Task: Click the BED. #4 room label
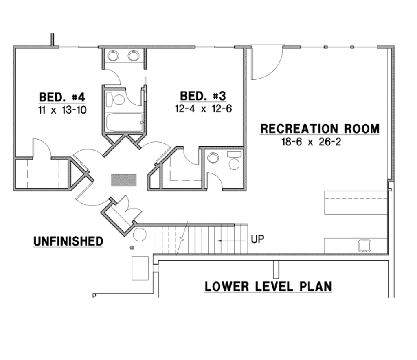pyautogui.click(x=62, y=97)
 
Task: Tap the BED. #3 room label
pyautogui.click(x=203, y=96)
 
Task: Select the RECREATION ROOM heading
pyautogui.click(x=320, y=129)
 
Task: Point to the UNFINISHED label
pyautogui.click(x=68, y=241)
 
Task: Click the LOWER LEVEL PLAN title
pyautogui.click(x=268, y=286)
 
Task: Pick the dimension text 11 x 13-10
pyautogui.click(x=62, y=110)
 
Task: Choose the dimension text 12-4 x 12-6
pyautogui.click(x=203, y=108)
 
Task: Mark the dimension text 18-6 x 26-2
pyautogui.click(x=311, y=142)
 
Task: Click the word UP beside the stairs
pyautogui.click(x=257, y=239)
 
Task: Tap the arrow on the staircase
pyautogui.click(x=231, y=241)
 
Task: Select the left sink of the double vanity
pyautogui.click(x=113, y=56)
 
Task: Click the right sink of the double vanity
pyautogui.click(x=134, y=56)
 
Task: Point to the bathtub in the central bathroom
pyautogui.click(x=125, y=122)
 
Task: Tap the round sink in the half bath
pyautogui.click(x=213, y=158)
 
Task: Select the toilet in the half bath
pyautogui.click(x=234, y=160)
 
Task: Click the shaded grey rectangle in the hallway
pyautogui.click(x=124, y=180)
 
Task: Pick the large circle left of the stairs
pyautogui.click(x=140, y=235)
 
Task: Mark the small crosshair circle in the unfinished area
pyautogui.click(x=132, y=248)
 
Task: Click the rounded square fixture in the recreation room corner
pyautogui.click(x=364, y=246)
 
